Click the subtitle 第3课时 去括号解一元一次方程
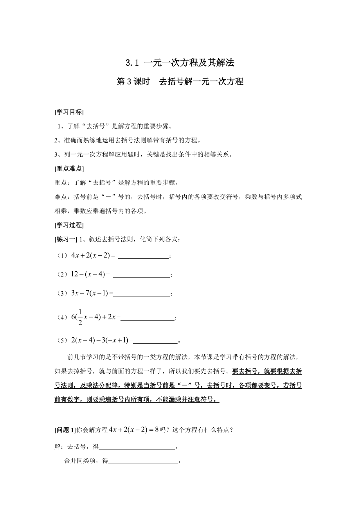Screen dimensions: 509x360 pos(180,81)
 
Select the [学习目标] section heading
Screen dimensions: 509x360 pos(69,112)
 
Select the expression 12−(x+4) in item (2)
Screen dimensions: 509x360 pos(88,275)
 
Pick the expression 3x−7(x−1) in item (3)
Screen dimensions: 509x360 pos(90,293)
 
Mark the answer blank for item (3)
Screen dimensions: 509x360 pos(141,294)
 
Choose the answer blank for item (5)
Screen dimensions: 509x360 pos(155,341)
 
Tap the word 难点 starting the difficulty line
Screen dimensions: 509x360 pos(60,197)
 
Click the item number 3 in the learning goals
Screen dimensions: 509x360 pos(56,154)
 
